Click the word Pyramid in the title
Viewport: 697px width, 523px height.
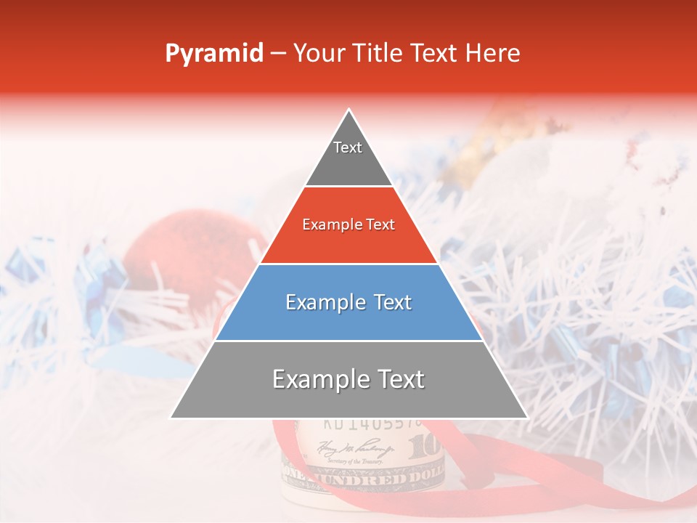(x=214, y=54)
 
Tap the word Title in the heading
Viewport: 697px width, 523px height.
(x=380, y=54)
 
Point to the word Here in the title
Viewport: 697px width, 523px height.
(x=493, y=54)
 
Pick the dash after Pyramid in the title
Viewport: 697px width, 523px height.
(x=278, y=54)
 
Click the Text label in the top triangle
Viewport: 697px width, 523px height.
(x=348, y=147)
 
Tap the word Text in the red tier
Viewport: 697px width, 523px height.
(x=379, y=225)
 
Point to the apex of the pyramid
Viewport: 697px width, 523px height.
(x=349, y=111)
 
